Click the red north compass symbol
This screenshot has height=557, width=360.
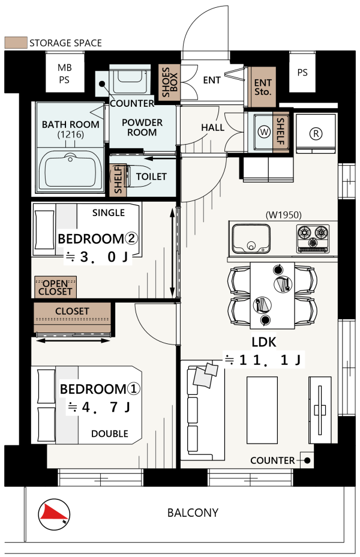coord(54,514)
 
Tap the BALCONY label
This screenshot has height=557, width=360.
coord(193,513)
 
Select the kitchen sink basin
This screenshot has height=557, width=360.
coord(251,238)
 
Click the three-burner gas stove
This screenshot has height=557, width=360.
coord(313,238)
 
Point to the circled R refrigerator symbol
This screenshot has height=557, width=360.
coord(316,134)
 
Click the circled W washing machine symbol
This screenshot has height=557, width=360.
coord(264,132)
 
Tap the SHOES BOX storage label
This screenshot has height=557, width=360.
coord(169,82)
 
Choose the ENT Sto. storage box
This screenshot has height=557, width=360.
coord(262,87)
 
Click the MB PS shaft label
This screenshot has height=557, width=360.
coord(65,74)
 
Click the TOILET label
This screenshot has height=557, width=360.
coord(151,176)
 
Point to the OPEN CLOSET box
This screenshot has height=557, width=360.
coord(56,288)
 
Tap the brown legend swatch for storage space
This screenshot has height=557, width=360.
coord(16,43)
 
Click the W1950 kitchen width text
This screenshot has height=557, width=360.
coord(284,215)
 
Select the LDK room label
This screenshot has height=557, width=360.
coord(264,342)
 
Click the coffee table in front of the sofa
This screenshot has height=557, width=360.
coord(262,410)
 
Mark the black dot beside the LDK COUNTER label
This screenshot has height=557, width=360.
coord(307,460)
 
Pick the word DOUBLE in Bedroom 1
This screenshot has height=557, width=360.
coord(110,434)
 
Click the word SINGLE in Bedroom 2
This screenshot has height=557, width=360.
coord(108,213)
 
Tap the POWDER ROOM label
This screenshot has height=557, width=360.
coord(142,127)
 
